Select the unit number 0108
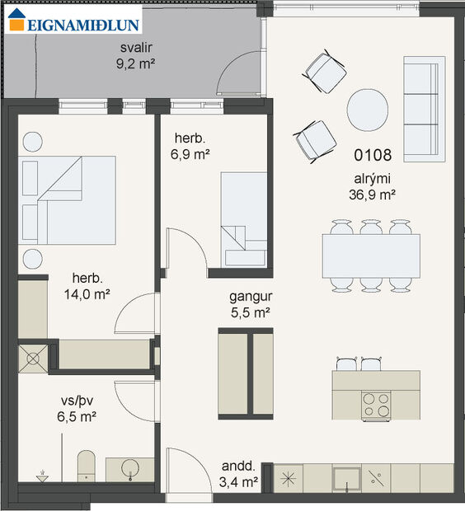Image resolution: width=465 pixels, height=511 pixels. click(x=373, y=154)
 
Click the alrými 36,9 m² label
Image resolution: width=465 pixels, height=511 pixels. click(x=373, y=188)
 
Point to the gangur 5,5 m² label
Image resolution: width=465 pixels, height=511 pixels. click(x=251, y=306)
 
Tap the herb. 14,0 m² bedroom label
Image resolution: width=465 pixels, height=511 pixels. click(x=92, y=285)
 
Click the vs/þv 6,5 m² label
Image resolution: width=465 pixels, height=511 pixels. click(x=77, y=409)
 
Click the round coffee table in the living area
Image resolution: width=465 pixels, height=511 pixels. click(x=368, y=110)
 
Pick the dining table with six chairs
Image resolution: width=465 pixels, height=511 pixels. click(x=371, y=255)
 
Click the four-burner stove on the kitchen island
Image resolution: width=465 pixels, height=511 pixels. click(x=377, y=404)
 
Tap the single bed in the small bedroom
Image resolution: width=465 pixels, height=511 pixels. click(x=244, y=218)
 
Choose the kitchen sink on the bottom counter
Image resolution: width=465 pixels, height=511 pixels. click(x=346, y=477)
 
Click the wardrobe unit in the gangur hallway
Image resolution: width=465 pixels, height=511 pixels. click(x=245, y=371)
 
